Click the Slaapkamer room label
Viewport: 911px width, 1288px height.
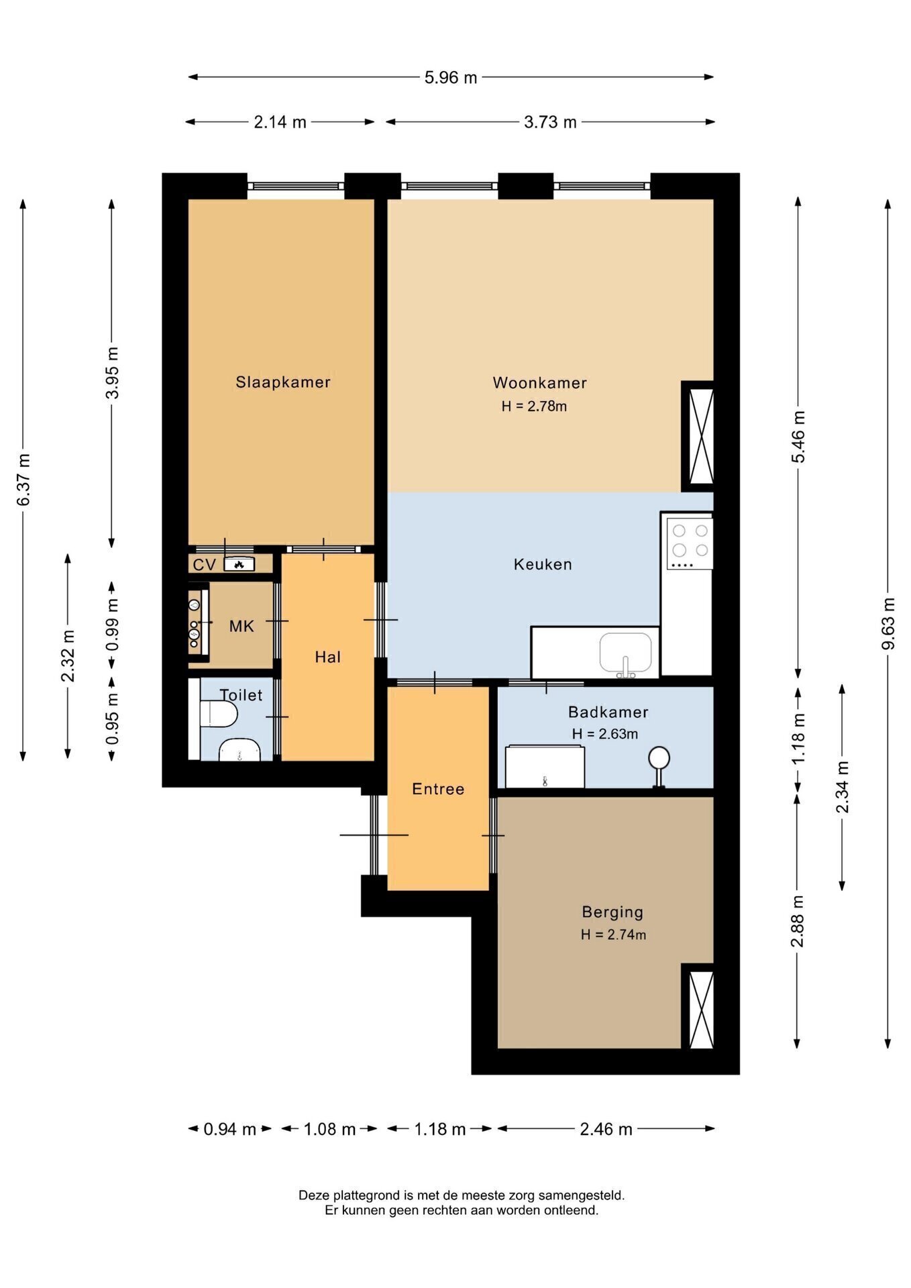point(283,382)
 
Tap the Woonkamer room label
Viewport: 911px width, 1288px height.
point(540,383)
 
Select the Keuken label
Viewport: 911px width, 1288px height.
point(543,564)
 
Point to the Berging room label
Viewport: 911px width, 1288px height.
point(612,912)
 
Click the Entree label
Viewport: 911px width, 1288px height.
point(438,789)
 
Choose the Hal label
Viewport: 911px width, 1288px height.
point(328,657)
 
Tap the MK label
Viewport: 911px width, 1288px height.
point(242,627)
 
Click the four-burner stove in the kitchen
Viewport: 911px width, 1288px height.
point(690,543)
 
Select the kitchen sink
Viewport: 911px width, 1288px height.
point(626,653)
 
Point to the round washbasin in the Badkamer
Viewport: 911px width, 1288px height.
point(659,759)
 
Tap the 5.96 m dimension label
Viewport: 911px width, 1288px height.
point(451,78)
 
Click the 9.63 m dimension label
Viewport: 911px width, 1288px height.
point(888,623)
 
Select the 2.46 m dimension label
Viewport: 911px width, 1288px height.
point(606,1129)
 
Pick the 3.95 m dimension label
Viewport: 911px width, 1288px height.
point(112,373)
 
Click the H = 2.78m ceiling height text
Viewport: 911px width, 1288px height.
point(534,407)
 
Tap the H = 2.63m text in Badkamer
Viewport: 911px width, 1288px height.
point(605,734)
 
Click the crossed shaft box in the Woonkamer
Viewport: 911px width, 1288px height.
point(698,436)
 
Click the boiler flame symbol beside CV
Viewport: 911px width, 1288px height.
point(239,565)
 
